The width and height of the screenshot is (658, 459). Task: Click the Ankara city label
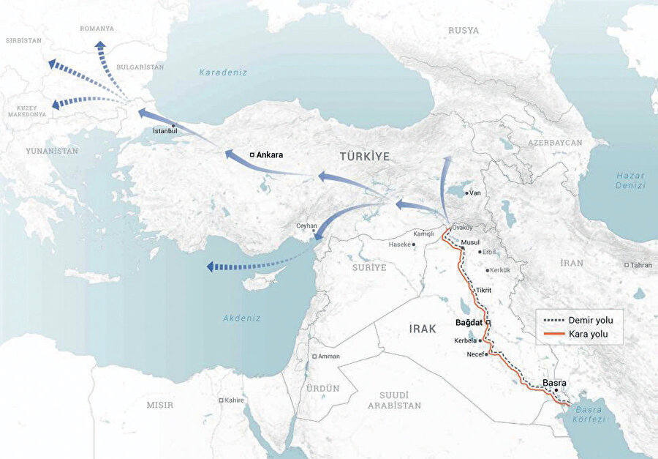tap(269, 155)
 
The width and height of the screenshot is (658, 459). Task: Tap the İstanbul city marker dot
tap(173, 126)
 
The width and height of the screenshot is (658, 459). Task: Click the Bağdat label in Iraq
tap(470, 322)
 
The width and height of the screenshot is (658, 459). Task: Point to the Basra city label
tap(555, 382)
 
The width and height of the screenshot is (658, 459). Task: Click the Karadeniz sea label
tap(224, 72)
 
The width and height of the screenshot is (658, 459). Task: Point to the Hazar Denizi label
tap(629, 181)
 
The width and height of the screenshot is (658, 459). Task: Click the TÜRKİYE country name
tap(364, 157)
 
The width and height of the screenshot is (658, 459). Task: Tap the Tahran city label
tap(640, 265)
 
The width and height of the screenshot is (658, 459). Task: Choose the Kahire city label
tap(234, 400)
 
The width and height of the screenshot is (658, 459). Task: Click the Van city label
tap(474, 193)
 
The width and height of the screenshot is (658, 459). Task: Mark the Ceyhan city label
tap(306, 225)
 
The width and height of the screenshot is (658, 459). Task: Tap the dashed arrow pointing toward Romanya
tap(103, 59)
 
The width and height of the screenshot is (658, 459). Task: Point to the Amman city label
tap(328, 357)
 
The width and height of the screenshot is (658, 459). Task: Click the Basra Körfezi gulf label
tap(590, 414)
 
